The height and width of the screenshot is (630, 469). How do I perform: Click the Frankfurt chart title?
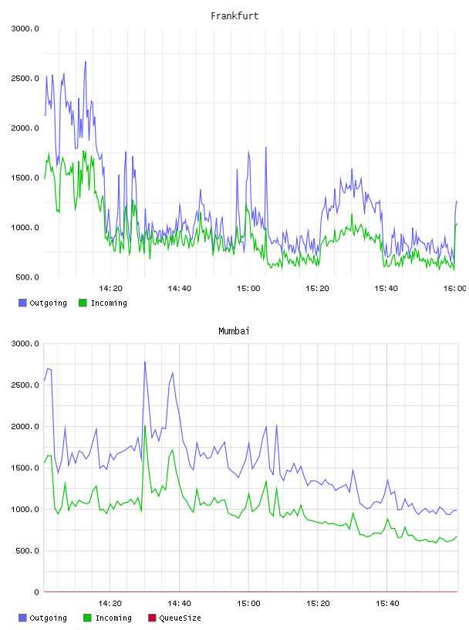coord(235,16)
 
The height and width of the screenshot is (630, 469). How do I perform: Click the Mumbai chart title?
coord(234,331)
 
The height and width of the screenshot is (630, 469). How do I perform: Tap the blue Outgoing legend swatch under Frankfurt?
coord(22,303)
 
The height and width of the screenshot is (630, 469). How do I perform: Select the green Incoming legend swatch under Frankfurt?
coord(83,303)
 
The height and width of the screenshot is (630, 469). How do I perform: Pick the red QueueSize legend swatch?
coord(152,618)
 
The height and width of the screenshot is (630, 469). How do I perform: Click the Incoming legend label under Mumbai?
coord(113,618)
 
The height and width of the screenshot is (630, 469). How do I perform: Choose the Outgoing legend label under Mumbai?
coord(48,618)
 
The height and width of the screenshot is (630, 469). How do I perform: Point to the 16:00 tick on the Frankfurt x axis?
coord(454,288)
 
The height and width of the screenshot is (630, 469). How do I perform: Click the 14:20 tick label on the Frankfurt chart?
coord(110,288)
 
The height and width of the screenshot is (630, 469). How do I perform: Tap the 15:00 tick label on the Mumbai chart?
coord(248,603)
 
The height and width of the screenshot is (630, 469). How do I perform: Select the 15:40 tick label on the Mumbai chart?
coord(387,603)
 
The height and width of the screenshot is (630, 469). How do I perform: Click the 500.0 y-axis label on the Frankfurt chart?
coord(27,277)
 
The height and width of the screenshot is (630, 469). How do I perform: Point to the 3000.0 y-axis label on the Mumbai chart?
coord(25,344)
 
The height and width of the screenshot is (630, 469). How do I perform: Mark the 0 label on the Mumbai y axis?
coord(36,592)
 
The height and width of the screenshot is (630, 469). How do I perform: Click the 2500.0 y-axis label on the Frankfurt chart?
coord(25,78)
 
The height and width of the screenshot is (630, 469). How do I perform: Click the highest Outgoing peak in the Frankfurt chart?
coord(86,62)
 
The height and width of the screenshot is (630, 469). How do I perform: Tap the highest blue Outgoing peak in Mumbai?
coord(145,362)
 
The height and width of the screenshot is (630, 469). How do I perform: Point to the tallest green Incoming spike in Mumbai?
coord(145,426)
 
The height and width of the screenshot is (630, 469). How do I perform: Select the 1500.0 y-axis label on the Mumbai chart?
coord(25,468)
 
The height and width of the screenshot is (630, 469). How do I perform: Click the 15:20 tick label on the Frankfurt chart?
coord(317,288)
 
